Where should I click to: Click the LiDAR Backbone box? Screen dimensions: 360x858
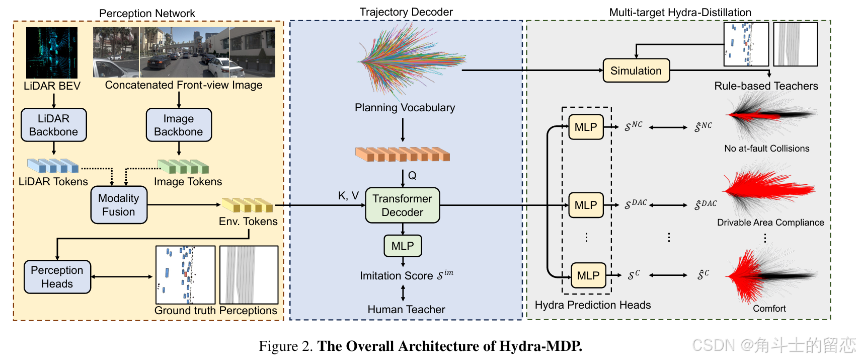click(54, 125)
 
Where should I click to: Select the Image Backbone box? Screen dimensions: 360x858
click(179, 125)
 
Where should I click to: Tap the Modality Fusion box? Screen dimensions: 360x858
click(119, 205)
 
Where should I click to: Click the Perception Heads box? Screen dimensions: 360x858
click(57, 277)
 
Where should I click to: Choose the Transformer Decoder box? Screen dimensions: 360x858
click(402, 205)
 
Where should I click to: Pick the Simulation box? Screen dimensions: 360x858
click(636, 71)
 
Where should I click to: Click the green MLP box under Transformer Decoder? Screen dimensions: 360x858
click(403, 246)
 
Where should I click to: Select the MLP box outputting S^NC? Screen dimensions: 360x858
click(586, 127)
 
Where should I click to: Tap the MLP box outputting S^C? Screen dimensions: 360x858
click(588, 275)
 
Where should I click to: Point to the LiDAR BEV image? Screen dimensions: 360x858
click(52, 53)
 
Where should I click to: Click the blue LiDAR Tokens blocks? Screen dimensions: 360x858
click(53, 166)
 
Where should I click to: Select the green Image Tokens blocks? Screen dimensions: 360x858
click(183, 166)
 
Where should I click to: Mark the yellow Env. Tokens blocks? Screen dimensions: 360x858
click(248, 205)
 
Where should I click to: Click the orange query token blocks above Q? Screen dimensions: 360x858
click(402, 154)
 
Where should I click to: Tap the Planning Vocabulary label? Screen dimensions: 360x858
click(405, 108)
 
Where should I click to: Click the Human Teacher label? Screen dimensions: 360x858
click(406, 310)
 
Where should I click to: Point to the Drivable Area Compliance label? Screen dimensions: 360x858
click(770, 223)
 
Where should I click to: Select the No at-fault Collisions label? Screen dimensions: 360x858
click(766, 149)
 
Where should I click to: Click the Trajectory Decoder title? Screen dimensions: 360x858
click(406, 12)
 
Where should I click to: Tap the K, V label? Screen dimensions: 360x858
click(348, 196)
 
